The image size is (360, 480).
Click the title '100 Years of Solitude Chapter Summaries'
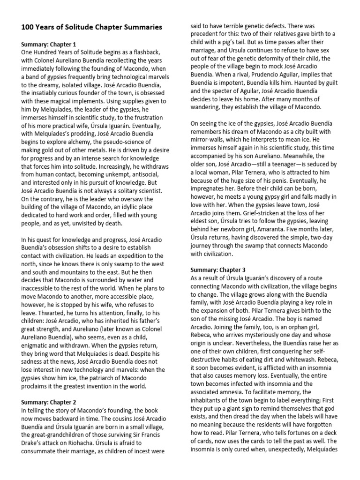coord(92,27)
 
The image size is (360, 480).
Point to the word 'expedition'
coord(125,256)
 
